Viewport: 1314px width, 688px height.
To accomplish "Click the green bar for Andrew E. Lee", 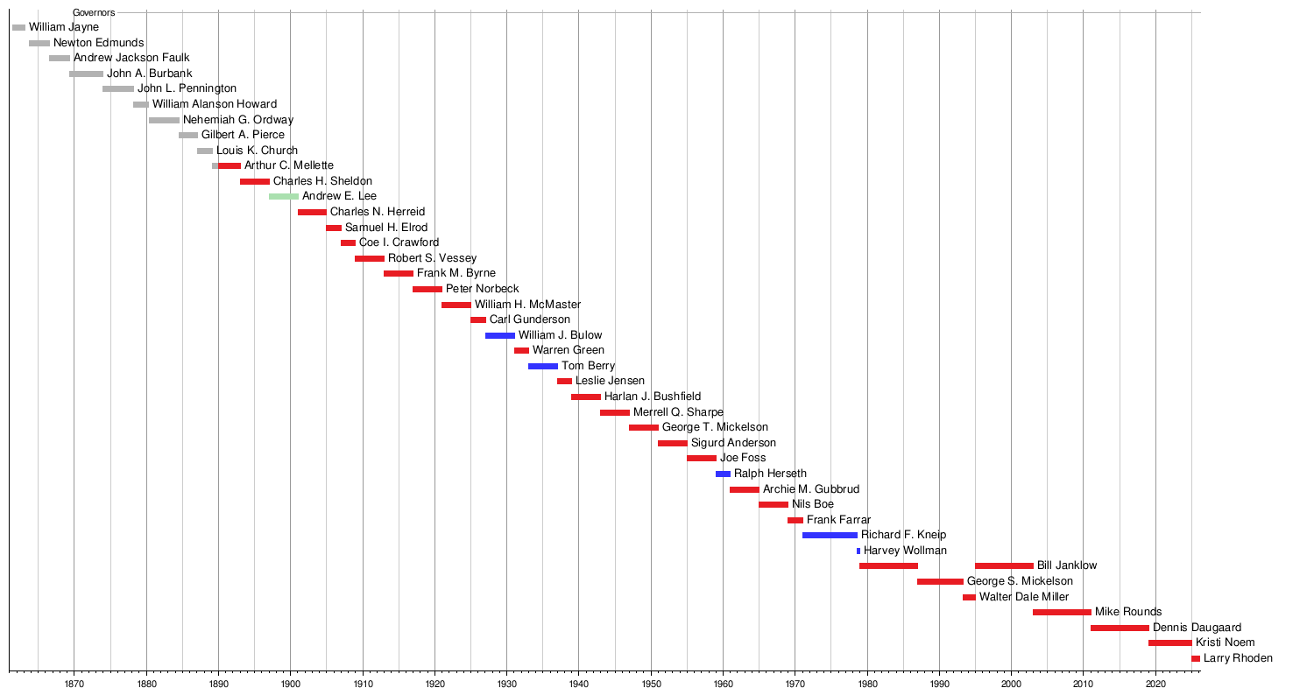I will coord(283,196).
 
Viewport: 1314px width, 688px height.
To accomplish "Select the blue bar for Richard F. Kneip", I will coord(830,535).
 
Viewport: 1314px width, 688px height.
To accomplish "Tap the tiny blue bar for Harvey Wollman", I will coord(858,551).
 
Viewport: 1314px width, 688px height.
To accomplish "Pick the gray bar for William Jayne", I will coord(18,27).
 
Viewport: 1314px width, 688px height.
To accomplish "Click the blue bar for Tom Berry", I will coord(542,366).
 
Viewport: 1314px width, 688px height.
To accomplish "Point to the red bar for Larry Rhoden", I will coord(1195,658).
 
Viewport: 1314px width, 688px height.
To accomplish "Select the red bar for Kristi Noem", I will coord(1169,642).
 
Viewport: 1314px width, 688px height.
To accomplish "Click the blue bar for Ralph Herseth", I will coord(723,474).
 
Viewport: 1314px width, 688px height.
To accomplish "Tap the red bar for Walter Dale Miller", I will coord(969,597).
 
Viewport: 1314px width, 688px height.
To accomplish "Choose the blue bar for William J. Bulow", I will coord(499,335).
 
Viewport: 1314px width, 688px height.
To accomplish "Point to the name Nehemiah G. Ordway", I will coord(238,120).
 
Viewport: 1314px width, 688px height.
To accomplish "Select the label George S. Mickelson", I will coord(1020,581).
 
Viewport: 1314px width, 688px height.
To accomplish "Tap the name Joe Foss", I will coord(743,458).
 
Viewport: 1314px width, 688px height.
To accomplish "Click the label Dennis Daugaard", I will coord(1197,628).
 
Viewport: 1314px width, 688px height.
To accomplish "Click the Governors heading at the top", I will coord(94,12).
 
